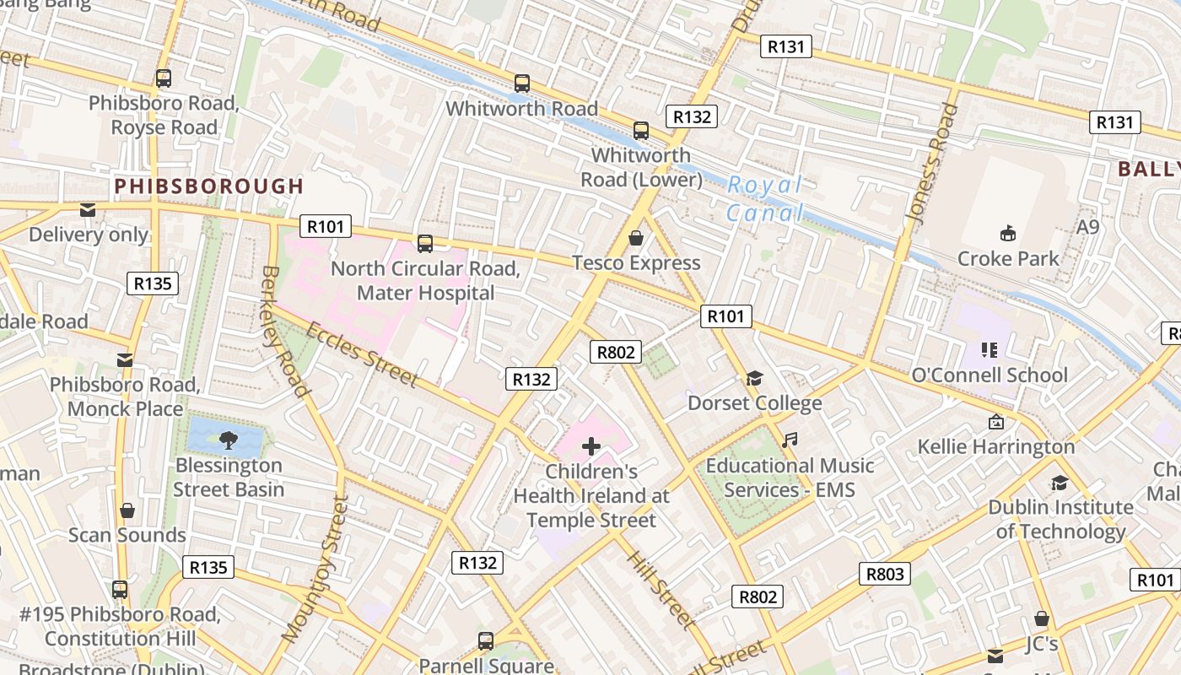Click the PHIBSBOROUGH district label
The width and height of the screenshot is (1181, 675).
(x=208, y=186)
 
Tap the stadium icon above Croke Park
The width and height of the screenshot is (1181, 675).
(x=1007, y=233)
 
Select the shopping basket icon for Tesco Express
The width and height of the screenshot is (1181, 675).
(x=636, y=239)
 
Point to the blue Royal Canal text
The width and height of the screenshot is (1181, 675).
(x=765, y=199)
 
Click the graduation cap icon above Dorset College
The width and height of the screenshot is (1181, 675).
(x=754, y=379)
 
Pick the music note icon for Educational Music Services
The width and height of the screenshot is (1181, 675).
(x=790, y=440)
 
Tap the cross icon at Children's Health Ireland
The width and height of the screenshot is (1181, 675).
(x=591, y=446)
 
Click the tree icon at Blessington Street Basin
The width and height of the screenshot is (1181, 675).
(x=228, y=440)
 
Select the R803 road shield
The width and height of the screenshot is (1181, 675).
(x=885, y=574)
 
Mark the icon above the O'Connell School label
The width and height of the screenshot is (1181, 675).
(x=990, y=350)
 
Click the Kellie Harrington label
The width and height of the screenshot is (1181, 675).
(x=996, y=446)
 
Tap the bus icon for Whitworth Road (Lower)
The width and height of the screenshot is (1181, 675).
(x=641, y=131)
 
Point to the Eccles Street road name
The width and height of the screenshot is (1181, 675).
(x=362, y=354)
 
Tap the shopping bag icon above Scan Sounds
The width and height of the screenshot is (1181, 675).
(x=127, y=510)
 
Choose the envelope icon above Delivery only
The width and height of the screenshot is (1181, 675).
(x=88, y=210)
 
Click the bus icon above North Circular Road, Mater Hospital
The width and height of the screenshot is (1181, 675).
(x=425, y=244)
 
